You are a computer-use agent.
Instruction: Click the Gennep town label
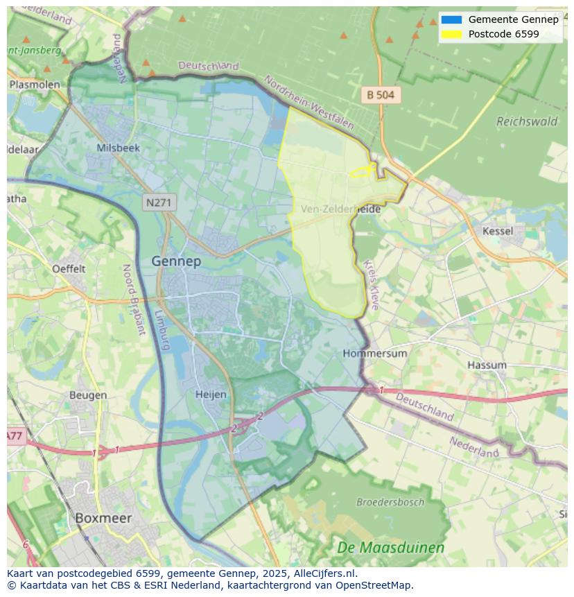[x=176, y=261]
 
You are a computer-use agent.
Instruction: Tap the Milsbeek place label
[x=119, y=148]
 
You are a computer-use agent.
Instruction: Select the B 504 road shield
[x=381, y=95]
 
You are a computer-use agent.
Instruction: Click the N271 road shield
[x=159, y=203]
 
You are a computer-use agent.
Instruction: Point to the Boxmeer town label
[x=103, y=518]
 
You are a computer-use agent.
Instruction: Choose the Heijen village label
[x=211, y=394]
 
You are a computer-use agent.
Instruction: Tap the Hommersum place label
[x=375, y=353]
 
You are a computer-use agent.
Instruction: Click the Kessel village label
[x=498, y=231]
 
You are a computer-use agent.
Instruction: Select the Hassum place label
[x=487, y=365]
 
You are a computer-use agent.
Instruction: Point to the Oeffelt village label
[x=69, y=268]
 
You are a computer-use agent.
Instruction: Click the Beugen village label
[x=88, y=395]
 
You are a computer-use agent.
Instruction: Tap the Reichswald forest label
[x=527, y=121]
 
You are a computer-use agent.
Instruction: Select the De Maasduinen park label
[x=391, y=548]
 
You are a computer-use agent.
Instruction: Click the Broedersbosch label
[x=390, y=501]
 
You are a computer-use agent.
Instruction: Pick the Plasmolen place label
[x=35, y=85]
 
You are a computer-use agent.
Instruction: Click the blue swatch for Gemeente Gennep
[x=451, y=19]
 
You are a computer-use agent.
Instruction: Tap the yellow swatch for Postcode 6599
[x=451, y=34]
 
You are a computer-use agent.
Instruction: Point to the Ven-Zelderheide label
[x=341, y=208]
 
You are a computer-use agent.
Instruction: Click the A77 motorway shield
[x=15, y=436]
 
